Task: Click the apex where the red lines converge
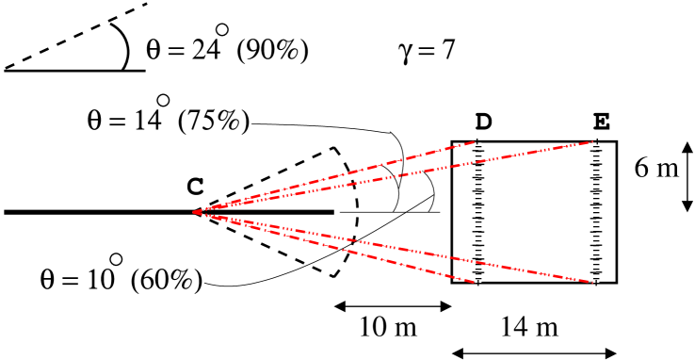[x=194, y=212]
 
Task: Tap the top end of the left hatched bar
[x=478, y=143]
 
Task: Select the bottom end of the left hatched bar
[x=478, y=281]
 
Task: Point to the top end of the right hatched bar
[x=595, y=143]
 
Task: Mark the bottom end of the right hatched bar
[x=595, y=281]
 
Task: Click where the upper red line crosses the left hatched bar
[x=478, y=163]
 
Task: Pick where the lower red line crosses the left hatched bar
[x=478, y=261]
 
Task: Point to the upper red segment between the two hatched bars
[x=537, y=153]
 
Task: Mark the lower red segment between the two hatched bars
[x=537, y=271]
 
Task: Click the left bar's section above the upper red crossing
[x=478, y=153]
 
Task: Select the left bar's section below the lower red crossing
[x=478, y=271]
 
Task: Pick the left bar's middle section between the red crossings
[x=478, y=212]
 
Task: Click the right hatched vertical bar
[x=595, y=212]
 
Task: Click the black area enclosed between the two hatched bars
[x=537, y=212]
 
